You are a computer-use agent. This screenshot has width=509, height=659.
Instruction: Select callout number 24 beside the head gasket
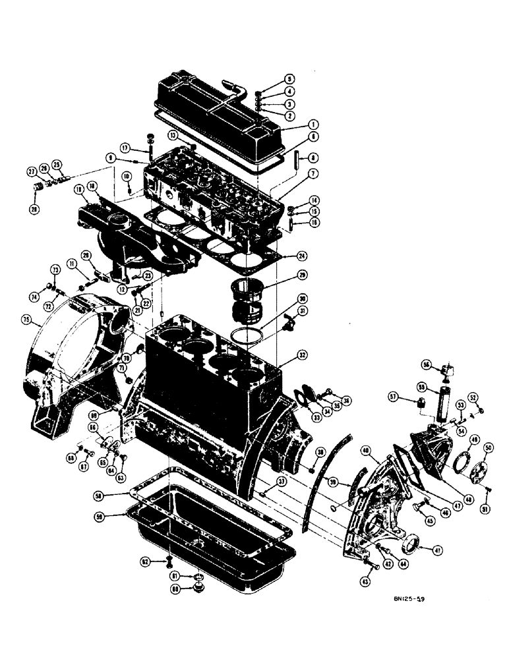(x=301, y=256)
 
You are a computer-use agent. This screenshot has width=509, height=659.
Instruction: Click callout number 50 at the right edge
(x=489, y=447)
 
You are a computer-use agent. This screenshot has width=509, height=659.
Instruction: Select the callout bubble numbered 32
(x=302, y=355)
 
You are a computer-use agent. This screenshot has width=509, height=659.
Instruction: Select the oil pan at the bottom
(x=211, y=540)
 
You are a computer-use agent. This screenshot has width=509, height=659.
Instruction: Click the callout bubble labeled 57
(x=394, y=396)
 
